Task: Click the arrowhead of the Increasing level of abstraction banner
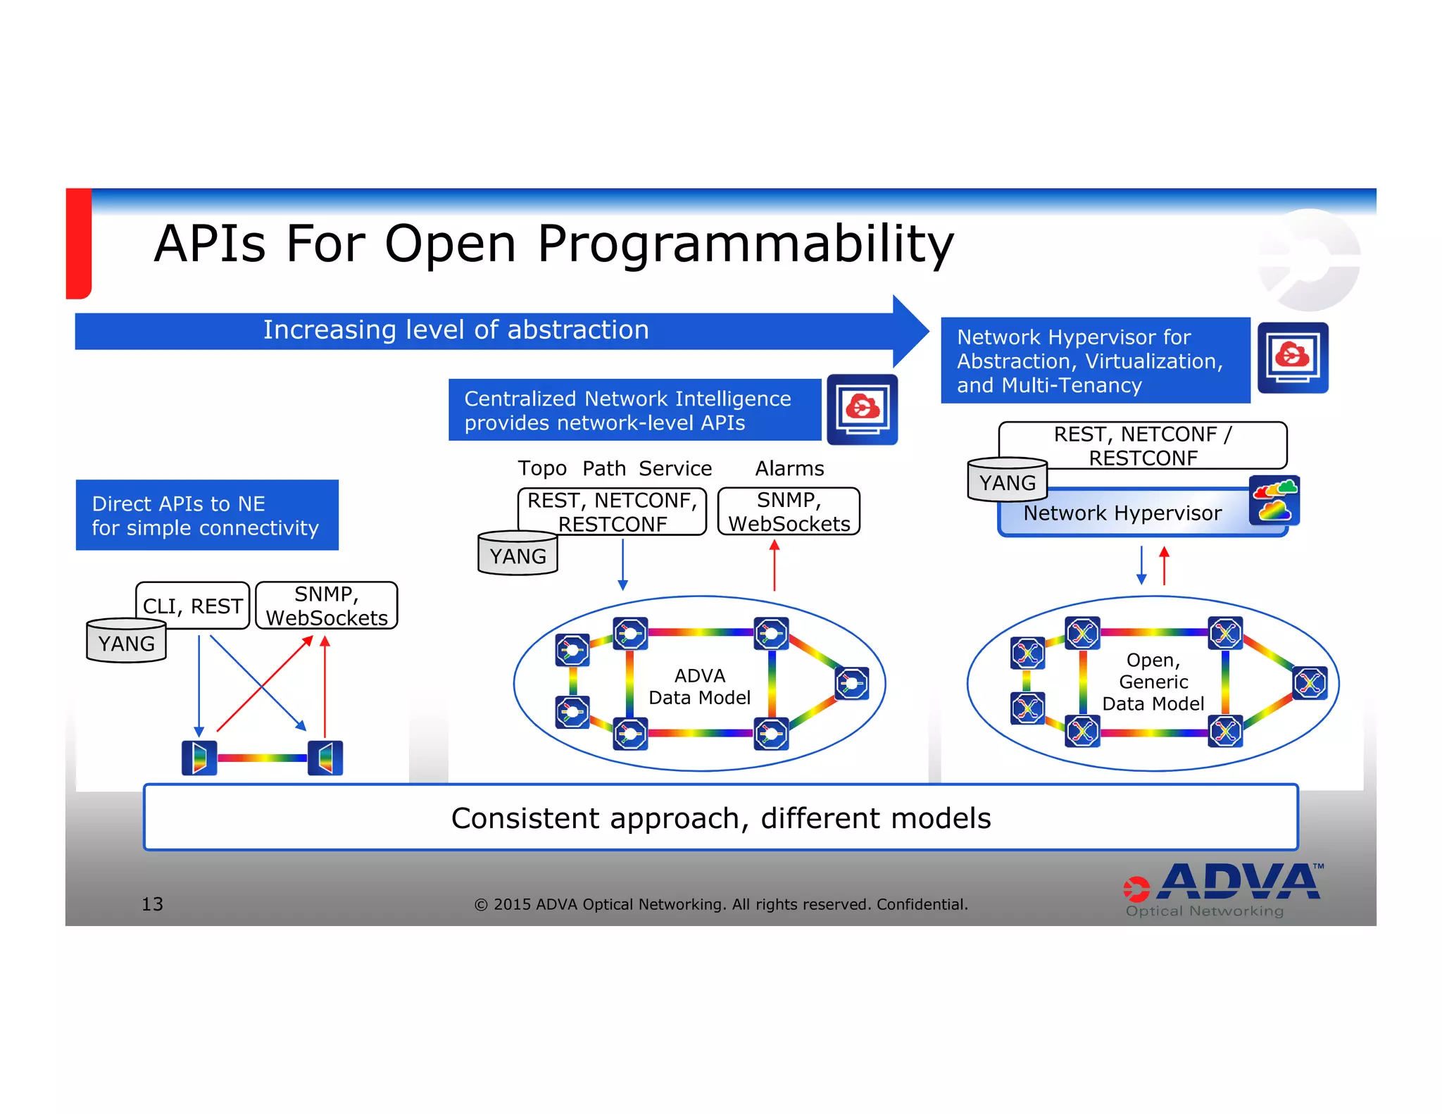coord(910,331)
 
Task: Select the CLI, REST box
coord(192,606)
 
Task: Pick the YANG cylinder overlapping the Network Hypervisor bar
coord(1007,481)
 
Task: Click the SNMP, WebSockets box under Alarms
coord(789,512)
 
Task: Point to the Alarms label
coord(789,468)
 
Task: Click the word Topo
coord(541,468)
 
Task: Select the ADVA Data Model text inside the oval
coord(699,687)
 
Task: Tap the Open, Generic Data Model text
coord(1153,682)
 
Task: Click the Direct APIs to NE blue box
coord(207,515)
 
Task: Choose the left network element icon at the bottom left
coord(199,758)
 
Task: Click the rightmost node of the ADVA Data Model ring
coord(852,683)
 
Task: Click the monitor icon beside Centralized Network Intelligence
coord(862,409)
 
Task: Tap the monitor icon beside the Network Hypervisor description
coord(1293,358)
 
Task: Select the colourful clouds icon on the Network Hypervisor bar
coord(1274,501)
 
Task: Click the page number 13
coord(152,904)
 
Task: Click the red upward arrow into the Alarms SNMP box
coord(775,565)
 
